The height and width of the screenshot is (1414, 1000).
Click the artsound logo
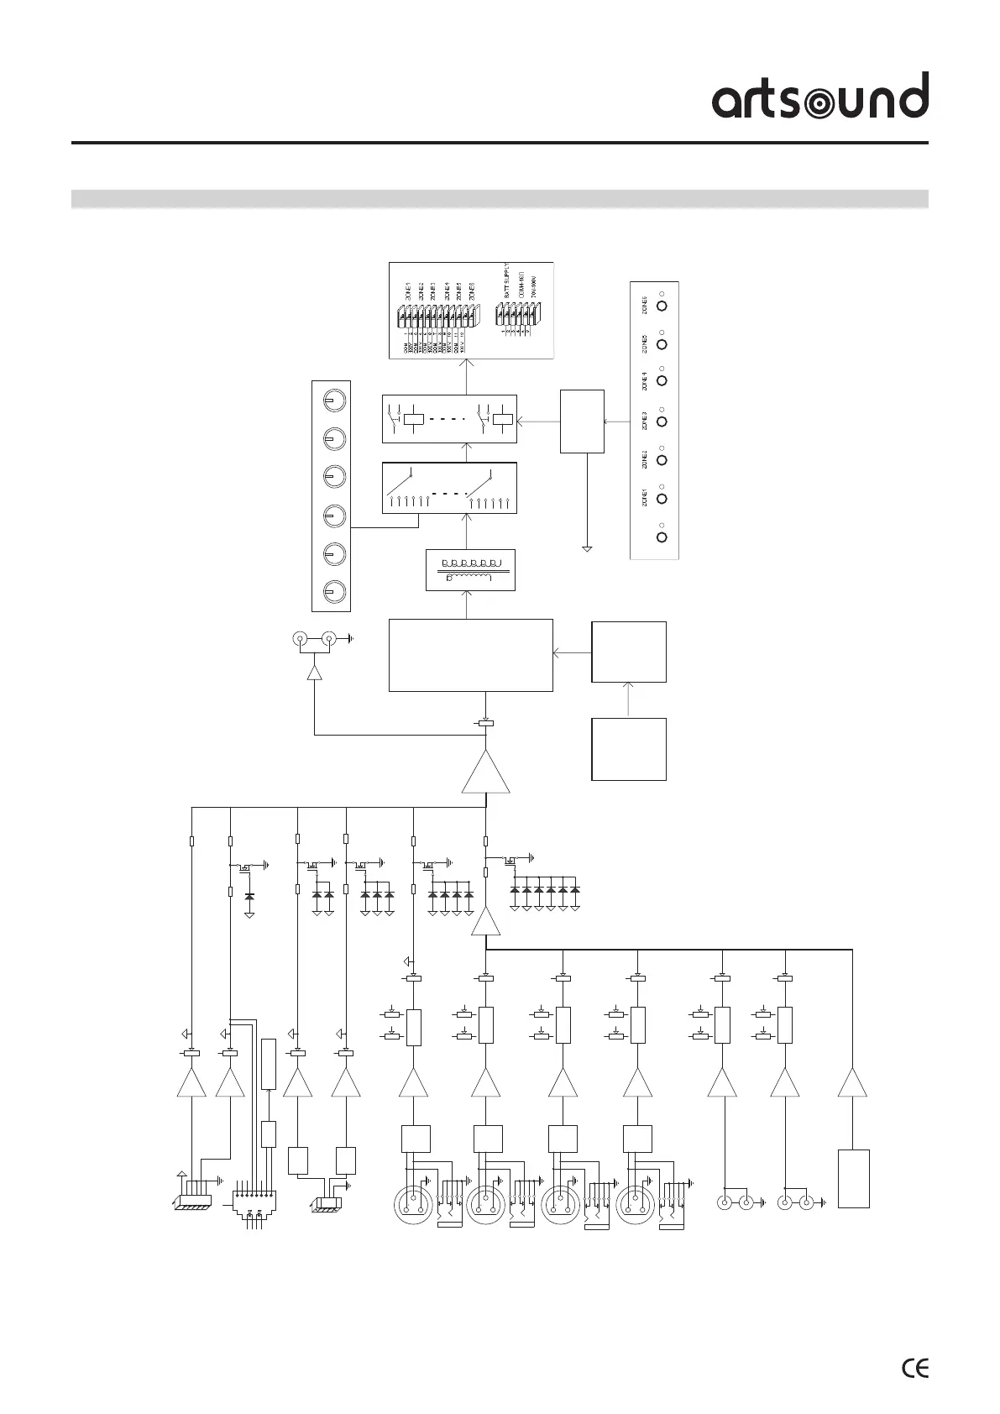820,97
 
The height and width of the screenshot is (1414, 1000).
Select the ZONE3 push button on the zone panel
662,421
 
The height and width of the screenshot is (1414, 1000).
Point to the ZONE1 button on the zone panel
662,499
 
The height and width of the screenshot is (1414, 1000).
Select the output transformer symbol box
469,570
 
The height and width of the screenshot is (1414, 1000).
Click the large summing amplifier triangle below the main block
486,774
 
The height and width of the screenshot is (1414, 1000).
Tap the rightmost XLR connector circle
635,1204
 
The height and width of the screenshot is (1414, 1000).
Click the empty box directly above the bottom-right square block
629,652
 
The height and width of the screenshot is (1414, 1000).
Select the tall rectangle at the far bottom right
853,1178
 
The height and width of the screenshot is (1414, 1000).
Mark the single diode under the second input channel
249,898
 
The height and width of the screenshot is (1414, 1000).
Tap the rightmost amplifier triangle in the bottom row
853,1083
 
